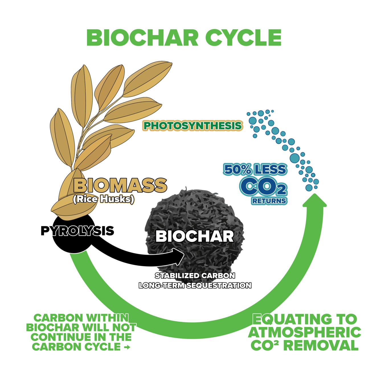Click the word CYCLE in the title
tap(244, 38)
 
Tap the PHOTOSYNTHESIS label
tap(193, 126)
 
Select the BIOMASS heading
tap(120, 185)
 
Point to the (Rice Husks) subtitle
tap(104, 199)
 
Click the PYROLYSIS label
tap(77, 230)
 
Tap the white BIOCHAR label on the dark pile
tap(195, 236)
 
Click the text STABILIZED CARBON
tap(195, 276)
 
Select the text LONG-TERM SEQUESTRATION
tap(195, 285)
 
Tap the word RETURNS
tap(269, 201)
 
